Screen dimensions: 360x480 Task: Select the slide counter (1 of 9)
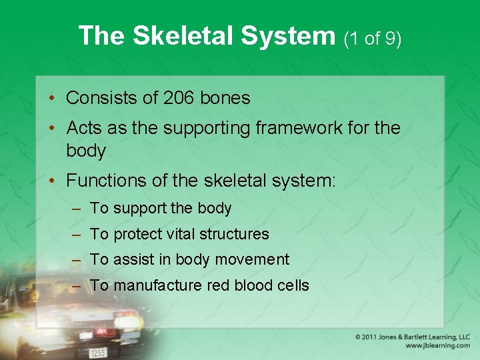click(x=373, y=38)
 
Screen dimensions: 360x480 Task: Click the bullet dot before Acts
click(x=53, y=127)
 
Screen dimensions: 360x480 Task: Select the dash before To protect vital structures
click(x=77, y=235)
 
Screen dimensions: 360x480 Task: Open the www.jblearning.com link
click(x=437, y=346)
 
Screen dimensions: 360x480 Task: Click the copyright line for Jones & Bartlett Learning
click(x=413, y=337)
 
